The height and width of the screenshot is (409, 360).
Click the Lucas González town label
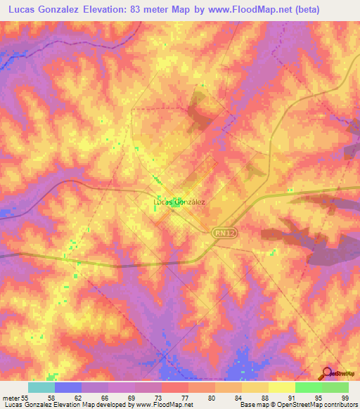179,202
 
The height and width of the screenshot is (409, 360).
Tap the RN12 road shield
223,231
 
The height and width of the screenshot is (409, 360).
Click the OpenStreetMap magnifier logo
328,373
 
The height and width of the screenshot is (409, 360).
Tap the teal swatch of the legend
41,387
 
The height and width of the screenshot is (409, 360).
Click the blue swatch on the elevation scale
68,387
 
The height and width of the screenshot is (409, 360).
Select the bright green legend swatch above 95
308,387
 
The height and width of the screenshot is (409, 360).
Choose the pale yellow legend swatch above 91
281,387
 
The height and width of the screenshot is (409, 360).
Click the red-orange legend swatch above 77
174,387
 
